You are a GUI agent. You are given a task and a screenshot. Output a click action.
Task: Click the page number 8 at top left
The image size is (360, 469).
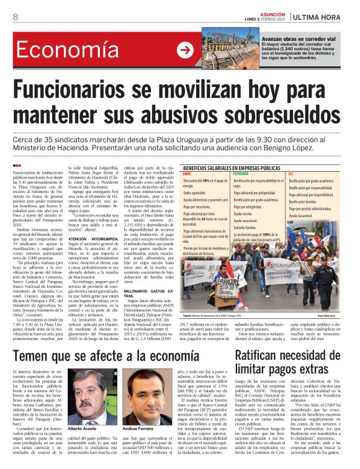coord(15,17)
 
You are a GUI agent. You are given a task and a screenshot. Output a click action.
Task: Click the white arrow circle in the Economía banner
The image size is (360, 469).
coord(185,50)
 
